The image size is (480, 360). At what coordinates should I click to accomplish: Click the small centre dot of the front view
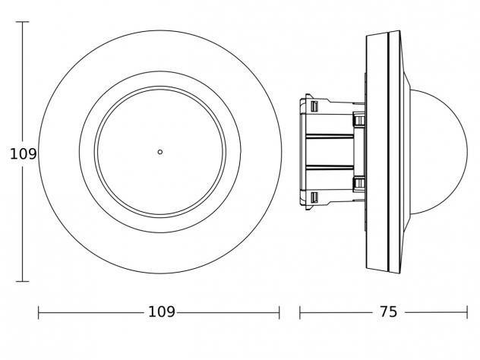click(159, 152)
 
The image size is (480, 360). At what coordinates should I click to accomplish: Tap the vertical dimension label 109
click(24, 154)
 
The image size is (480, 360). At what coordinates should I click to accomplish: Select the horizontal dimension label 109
click(162, 312)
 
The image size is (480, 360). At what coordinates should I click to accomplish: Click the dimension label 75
click(388, 312)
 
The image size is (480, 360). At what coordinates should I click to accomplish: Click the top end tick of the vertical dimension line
click(22, 22)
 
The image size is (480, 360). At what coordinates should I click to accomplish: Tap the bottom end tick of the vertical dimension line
click(22, 281)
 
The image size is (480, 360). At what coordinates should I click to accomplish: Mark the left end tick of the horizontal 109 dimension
click(39, 313)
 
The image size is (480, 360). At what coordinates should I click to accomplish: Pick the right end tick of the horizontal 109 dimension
click(279, 313)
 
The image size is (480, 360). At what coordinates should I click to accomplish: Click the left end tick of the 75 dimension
click(300, 313)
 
